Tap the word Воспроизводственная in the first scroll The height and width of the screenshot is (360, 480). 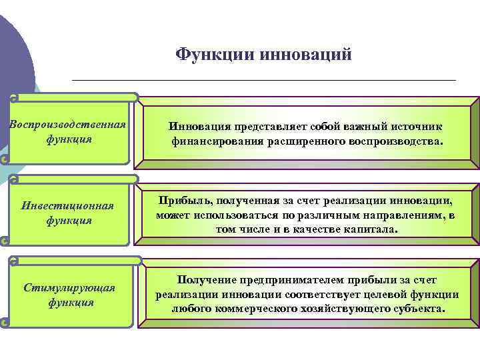tap(68, 125)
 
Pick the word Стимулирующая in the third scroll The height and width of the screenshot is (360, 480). tap(70, 287)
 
